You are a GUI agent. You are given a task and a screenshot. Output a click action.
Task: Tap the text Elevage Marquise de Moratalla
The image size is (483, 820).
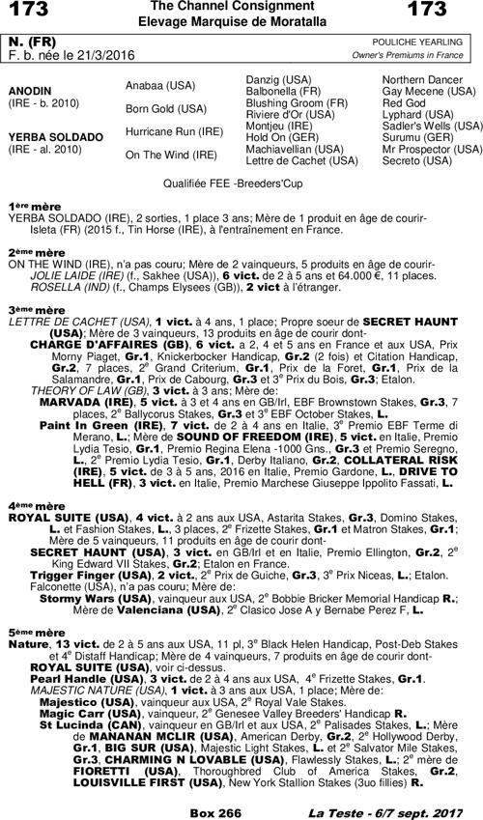pos(241,20)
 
